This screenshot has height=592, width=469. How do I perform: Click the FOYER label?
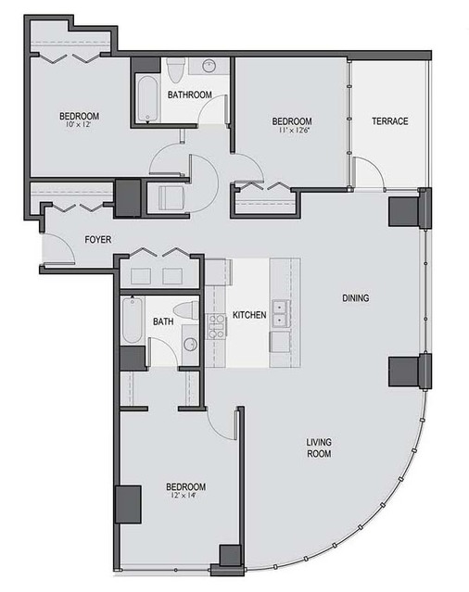click(98, 239)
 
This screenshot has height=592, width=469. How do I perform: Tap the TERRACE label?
click(389, 121)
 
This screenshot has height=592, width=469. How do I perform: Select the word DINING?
click(355, 298)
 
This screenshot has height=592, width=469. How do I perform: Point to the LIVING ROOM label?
click(319, 447)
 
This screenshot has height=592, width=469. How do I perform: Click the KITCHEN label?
click(249, 315)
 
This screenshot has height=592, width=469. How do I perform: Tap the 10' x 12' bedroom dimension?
click(78, 124)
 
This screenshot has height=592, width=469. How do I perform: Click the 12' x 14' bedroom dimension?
click(183, 495)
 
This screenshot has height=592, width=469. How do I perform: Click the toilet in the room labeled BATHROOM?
click(175, 70)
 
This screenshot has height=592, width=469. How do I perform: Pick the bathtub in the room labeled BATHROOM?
click(146, 99)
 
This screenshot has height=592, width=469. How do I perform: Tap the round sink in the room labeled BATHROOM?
click(209, 67)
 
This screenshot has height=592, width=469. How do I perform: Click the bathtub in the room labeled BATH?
click(133, 320)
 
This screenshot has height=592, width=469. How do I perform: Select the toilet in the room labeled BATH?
click(186, 310)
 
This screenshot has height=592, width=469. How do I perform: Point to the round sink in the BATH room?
click(191, 345)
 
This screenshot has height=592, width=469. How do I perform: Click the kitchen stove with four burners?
click(216, 326)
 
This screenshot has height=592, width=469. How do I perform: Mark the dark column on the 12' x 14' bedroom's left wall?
click(129, 504)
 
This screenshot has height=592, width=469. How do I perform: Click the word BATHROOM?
click(190, 94)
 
